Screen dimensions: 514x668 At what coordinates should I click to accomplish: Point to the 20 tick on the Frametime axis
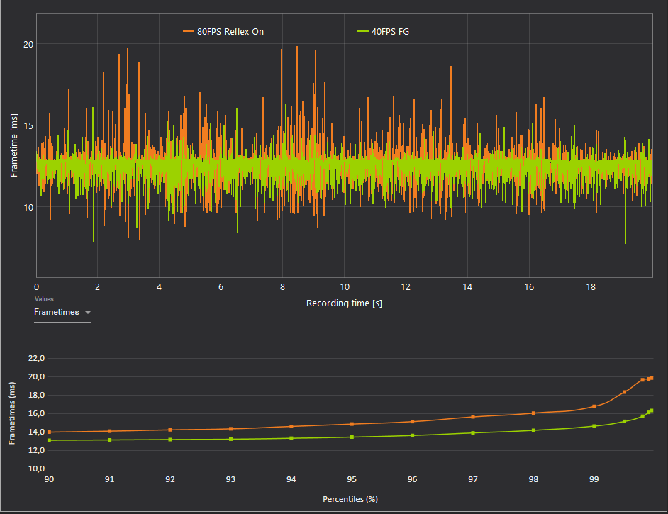(x=28, y=44)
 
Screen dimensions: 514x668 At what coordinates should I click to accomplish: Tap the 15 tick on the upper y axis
(x=28, y=126)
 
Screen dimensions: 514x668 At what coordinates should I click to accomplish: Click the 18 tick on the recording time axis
(x=591, y=286)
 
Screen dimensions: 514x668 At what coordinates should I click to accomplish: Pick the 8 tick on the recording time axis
(x=282, y=286)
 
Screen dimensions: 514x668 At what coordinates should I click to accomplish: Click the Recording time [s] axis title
(x=344, y=303)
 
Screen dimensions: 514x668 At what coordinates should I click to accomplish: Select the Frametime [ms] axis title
(x=14, y=145)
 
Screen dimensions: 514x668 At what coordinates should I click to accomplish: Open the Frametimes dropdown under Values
(x=62, y=312)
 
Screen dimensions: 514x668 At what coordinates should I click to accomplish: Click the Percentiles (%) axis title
(x=350, y=499)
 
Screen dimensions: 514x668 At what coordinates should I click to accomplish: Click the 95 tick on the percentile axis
(x=352, y=480)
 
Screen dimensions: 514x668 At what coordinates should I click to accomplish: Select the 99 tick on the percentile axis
(x=594, y=480)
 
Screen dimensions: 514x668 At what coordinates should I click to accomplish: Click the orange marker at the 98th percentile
(x=533, y=413)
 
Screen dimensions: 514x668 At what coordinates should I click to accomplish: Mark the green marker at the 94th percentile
(x=291, y=438)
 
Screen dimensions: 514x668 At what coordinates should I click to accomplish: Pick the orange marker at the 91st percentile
(x=109, y=431)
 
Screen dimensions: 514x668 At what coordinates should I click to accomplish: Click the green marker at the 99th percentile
(x=594, y=426)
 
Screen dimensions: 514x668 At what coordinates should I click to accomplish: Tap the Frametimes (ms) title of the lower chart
(x=12, y=413)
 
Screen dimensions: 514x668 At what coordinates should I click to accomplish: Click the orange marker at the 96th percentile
(x=413, y=422)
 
